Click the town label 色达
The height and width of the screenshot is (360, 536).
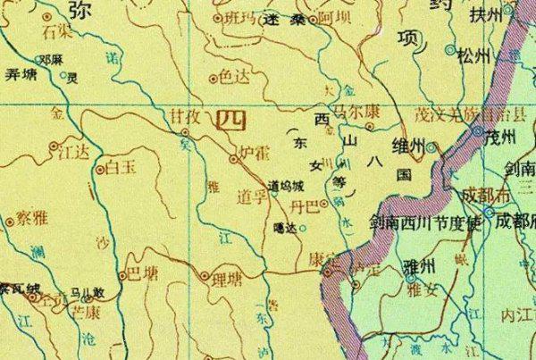pos(235,78)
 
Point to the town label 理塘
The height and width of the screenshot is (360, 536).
pos(226,278)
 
